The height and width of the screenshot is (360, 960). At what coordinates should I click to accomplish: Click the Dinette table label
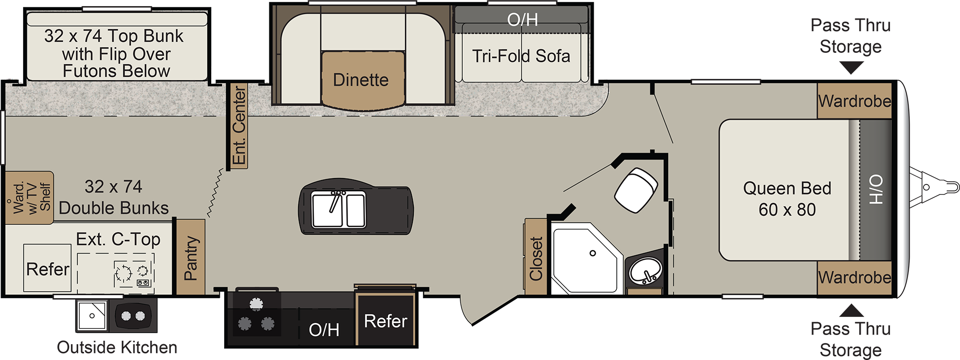(361, 80)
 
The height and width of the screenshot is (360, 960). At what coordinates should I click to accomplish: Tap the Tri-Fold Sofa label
(521, 56)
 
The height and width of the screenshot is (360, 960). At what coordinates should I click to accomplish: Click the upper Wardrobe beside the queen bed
(854, 101)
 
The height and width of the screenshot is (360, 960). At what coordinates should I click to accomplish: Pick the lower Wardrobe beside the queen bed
(854, 277)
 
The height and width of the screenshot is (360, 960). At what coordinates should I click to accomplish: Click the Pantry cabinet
(191, 257)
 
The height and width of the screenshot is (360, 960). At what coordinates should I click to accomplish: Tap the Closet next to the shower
(536, 258)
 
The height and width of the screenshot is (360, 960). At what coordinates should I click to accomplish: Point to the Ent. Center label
(239, 126)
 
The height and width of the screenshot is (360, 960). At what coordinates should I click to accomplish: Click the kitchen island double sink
(338, 210)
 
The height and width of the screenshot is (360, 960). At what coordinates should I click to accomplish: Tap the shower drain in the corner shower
(593, 253)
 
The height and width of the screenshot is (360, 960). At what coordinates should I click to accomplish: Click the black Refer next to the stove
(385, 320)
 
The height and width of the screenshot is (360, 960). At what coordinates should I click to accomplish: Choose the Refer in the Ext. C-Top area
(48, 269)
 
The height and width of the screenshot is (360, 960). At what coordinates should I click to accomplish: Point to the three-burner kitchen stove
(255, 315)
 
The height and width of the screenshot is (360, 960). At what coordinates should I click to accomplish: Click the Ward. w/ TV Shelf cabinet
(29, 197)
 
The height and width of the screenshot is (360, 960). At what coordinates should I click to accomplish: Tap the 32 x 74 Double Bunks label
(114, 197)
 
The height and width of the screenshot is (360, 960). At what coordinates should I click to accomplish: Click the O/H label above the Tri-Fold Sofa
(522, 19)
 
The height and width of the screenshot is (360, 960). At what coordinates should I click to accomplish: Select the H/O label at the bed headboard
(876, 190)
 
